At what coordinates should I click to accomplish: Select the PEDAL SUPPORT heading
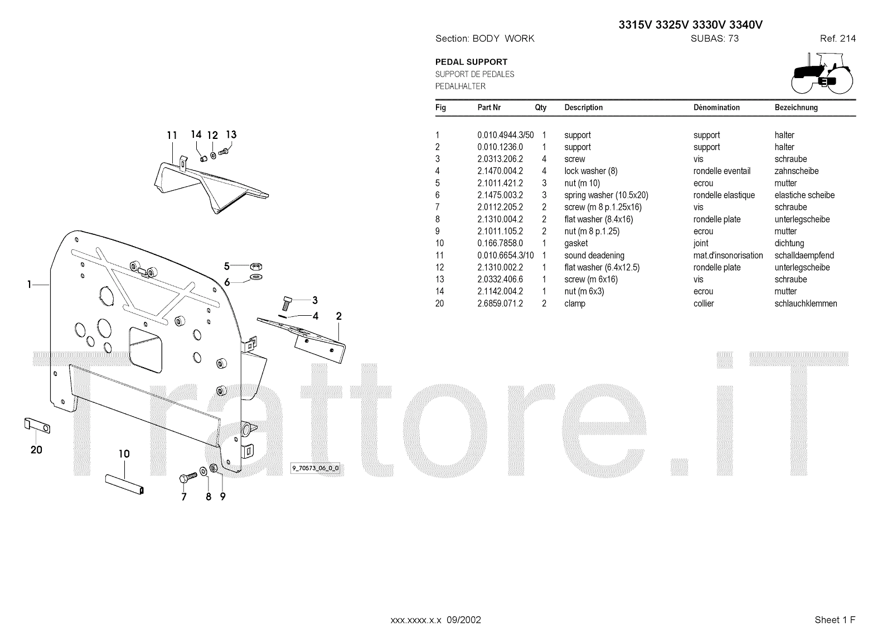[x=471, y=62]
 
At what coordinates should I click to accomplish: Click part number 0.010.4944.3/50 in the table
[x=505, y=135]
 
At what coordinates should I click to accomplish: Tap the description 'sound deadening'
[x=594, y=256]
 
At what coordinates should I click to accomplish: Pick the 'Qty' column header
[x=541, y=107]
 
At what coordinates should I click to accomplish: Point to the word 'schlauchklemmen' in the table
[x=806, y=304]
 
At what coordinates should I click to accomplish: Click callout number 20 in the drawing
[x=36, y=450]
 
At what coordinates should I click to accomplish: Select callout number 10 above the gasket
[x=124, y=454]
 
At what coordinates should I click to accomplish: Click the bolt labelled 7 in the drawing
[x=187, y=478]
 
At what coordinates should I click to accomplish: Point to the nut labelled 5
[x=256, y=266]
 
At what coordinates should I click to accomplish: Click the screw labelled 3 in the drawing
[x=288, y=304]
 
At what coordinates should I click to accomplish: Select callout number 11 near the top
[x=172, y=135]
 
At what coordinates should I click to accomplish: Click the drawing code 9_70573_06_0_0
[x=315, y=468]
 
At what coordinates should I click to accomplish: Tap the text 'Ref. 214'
[x=837, y=38]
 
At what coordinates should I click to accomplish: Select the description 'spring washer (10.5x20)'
[x=606, y=195]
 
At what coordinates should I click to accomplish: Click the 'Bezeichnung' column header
[x=796, y=107]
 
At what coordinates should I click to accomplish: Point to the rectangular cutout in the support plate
[x=147, y=349]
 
